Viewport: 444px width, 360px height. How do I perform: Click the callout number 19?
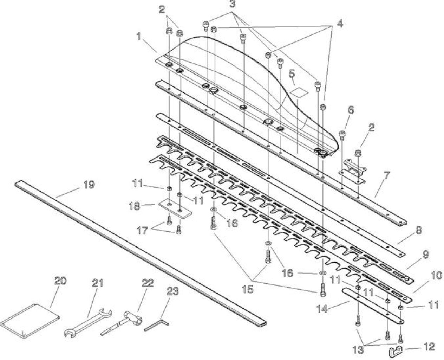89,185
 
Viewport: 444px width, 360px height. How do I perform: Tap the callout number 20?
60,281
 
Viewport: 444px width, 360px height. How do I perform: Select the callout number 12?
429,347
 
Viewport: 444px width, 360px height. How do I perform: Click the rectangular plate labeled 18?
175,209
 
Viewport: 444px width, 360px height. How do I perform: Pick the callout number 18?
135,206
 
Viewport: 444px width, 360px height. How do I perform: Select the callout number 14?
322,308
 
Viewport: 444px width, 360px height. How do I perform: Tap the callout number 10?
436,276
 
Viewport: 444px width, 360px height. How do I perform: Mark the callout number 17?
142,231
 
